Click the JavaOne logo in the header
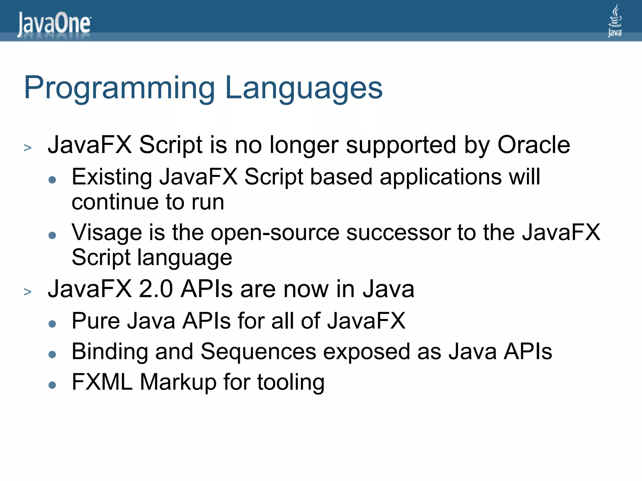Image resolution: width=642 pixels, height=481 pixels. (54, 24)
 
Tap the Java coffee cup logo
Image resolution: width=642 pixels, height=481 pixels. (615, 20)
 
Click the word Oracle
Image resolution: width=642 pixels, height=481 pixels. (534, 145)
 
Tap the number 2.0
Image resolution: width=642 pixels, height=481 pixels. (156, 289)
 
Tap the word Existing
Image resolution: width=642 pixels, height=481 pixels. (112, 177)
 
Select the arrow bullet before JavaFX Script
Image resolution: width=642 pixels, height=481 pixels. (28, 147)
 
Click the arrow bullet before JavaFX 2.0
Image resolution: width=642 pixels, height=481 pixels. (28, 292)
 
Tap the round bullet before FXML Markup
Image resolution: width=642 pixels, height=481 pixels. (52, 385)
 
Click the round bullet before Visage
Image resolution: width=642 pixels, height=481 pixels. (52, 235)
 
